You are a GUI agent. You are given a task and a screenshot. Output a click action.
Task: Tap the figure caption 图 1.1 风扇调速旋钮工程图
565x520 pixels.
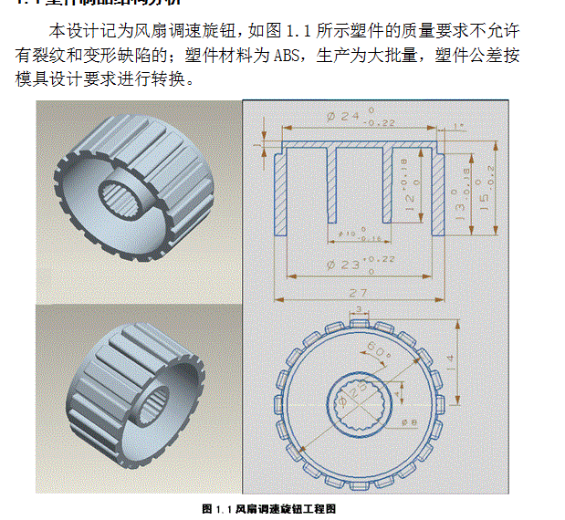click(268, 508)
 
